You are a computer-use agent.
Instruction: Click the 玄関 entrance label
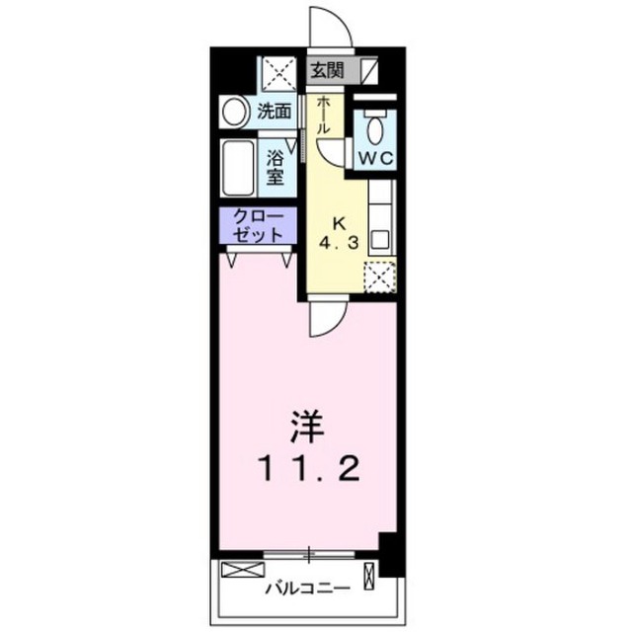point(327,71)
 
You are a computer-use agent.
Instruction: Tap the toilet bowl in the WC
point(375,128)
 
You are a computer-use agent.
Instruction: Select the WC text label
point(375,159)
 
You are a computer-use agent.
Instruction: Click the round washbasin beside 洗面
point(234,112)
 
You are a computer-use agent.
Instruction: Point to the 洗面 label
point(275,112)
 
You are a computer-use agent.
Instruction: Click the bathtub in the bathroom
point(238,168)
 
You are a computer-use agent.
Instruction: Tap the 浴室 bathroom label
point(275,169)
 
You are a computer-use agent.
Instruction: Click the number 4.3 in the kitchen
point(339,243)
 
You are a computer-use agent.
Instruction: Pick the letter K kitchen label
point(339,223)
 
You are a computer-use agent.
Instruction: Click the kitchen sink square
point(380,240)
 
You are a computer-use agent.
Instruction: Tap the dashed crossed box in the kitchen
point(379,276)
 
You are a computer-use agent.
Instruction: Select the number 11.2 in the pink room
point(310,469)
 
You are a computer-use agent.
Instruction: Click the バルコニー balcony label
point(307,589)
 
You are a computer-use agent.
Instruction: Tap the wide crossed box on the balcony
point(243,570)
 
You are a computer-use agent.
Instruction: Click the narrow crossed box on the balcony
point(369,576)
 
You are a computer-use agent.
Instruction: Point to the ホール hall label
point(324,115)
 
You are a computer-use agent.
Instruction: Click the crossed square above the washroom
point(279,74)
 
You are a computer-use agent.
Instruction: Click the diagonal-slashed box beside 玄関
point(369,71)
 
